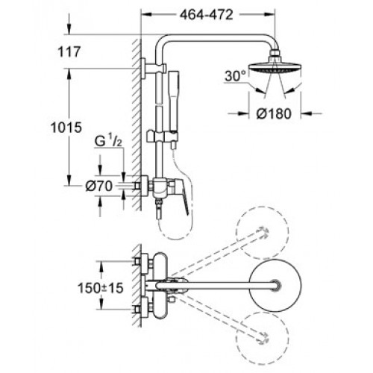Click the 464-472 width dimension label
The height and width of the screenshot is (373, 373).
pos(207,15)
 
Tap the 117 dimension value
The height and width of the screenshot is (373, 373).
pos(69,52)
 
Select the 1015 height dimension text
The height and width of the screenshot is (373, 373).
pos(66,128)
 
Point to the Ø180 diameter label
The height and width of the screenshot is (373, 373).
pos(274,113)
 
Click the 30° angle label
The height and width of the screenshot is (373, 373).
pos(235,75)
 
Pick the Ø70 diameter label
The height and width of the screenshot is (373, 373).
pos(99,186)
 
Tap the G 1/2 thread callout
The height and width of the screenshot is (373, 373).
pos(108,142)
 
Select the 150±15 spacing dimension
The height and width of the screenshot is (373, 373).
pos(101,288)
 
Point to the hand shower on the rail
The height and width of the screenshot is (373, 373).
pos(173,110)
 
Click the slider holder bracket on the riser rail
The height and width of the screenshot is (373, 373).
pos(162,137)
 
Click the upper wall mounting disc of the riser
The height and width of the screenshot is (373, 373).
pos(143,69)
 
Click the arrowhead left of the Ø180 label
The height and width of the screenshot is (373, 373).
pos(244,113)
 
